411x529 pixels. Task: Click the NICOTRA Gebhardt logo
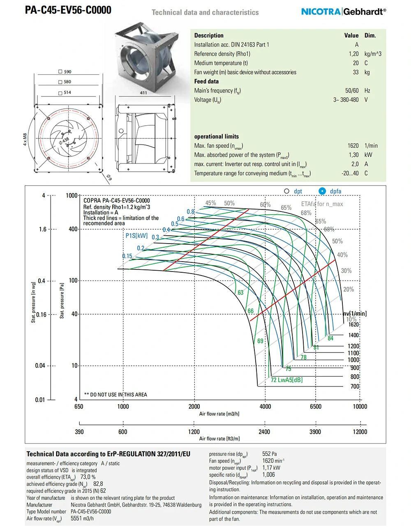point(344,11)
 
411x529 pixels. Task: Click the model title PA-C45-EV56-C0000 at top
point(68,10)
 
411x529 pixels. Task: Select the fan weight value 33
point(356,72)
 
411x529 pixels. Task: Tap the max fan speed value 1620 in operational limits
point(353,146)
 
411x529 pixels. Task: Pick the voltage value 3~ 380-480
point(346,100)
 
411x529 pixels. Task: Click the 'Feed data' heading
point(206,81)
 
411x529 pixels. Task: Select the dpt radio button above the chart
point(287,191)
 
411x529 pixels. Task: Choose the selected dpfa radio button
point(322,191)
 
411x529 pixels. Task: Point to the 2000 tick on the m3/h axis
point(194,407)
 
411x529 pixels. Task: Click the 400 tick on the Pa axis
point(73,229)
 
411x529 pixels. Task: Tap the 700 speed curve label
point(355,386)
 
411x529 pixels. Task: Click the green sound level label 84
point(330,338)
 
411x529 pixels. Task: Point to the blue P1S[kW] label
point(136,236)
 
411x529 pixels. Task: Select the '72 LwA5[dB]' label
point(286,380)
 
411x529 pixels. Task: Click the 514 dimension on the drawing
point(67,92)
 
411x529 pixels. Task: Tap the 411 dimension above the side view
point(143,93)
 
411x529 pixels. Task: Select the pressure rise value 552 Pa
point(269,454)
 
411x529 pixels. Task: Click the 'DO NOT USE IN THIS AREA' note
point(115,395)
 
